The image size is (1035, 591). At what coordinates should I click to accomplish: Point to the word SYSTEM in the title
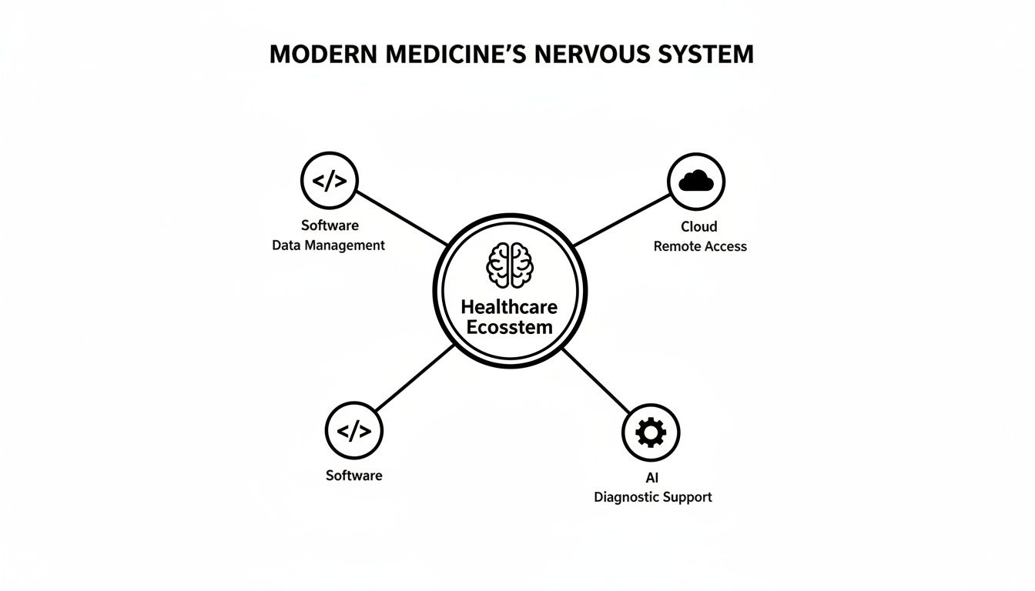pos(707,55)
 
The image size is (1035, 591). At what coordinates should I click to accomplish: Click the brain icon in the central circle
pos(510,265)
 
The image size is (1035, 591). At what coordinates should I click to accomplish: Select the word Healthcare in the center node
pos(509,306)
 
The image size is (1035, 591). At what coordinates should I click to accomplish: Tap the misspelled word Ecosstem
pos(510,327)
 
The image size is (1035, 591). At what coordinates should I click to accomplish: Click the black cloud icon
pos(696,182)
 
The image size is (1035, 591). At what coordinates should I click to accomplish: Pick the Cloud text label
pos(699,226)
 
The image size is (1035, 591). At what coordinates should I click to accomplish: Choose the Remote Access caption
pos(700,246)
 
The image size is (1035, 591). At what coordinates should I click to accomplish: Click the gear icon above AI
pos(651,432)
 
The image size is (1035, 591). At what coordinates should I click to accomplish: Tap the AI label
pos(652,478)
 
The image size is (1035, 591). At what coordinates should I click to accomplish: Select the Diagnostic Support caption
pos(653,497)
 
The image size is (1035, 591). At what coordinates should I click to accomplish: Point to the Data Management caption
pos(329,245)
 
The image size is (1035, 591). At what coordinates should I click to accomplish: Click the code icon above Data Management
pos(330,181)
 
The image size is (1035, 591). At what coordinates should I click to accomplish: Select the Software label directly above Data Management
pos(330,225)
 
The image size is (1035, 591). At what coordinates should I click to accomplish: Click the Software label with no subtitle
pos(354,476)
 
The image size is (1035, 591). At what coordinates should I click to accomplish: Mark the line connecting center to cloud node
pos(621,220)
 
